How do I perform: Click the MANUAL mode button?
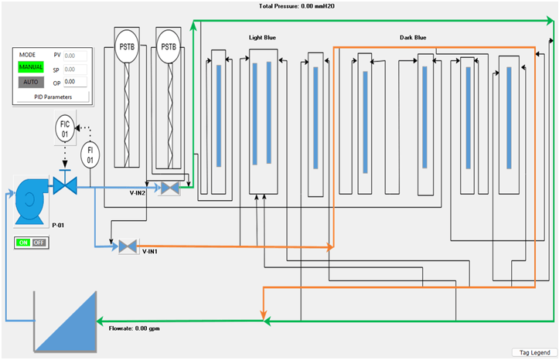(x=32, y=67)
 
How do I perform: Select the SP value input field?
(x=75, y=69)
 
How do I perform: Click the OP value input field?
(x=75, y=81)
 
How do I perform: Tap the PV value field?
(x=75, y=56)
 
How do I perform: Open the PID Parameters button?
(x=53, y=97)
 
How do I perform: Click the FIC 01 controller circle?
(x=66, y=128)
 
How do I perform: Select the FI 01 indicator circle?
(x=90, y=155)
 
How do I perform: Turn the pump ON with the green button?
(x=22, y=243)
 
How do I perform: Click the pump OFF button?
(x=37, y=243)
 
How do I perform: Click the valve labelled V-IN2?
(x=169, y=188)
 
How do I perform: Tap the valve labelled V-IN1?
(x=128, y=246)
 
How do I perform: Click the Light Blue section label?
(x=262, y=37)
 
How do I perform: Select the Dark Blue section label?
(x=412, y=37)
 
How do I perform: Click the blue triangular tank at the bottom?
(x=66, y=324)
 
